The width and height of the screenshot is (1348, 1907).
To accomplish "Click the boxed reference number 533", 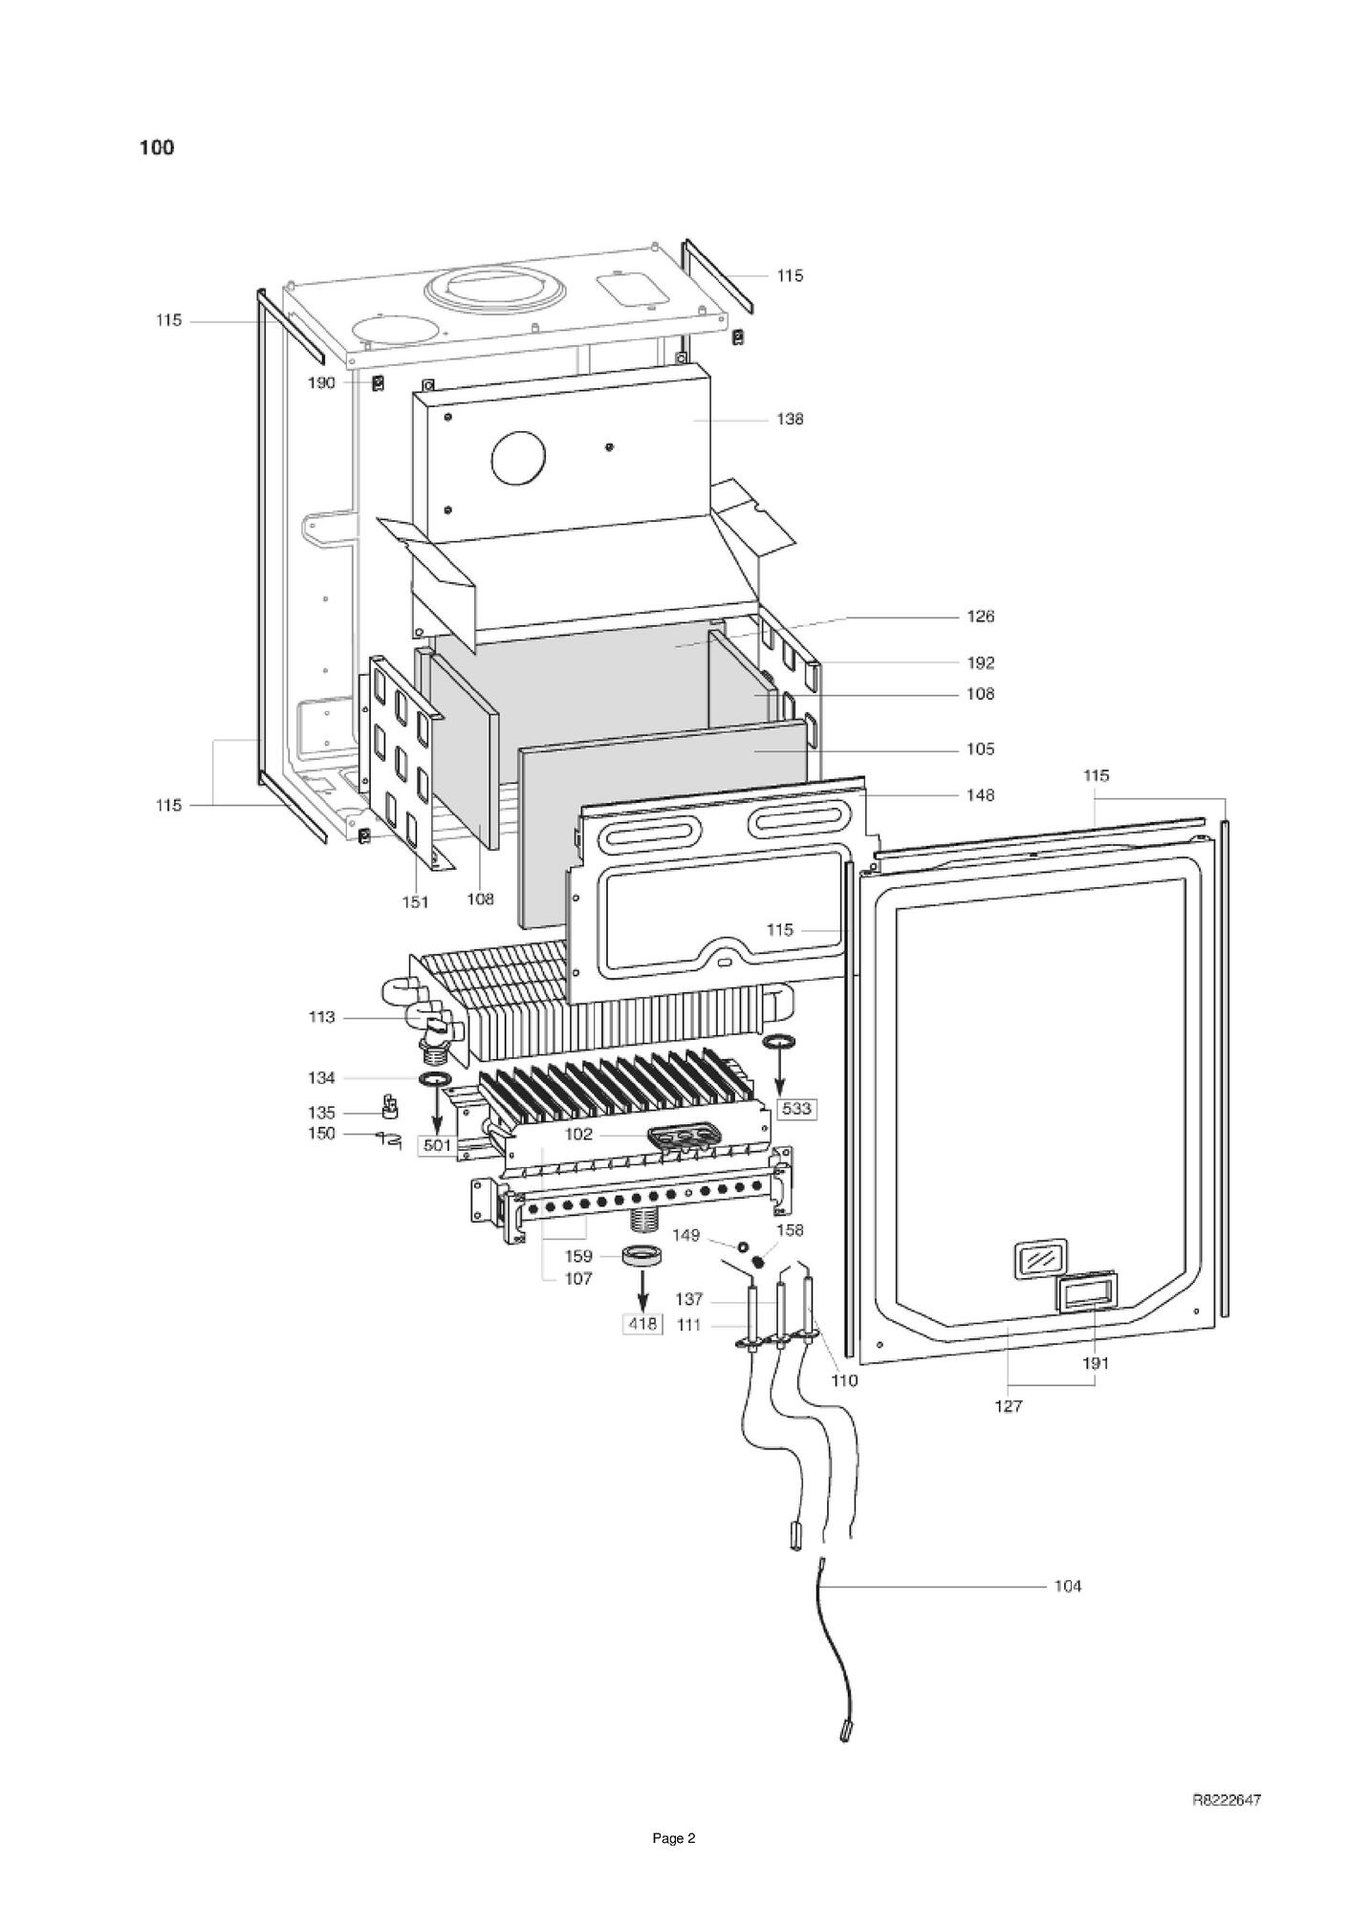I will [796, 1109].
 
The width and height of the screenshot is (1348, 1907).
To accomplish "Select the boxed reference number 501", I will [437, 1145].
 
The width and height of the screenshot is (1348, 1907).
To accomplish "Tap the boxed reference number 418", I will [642, 1324].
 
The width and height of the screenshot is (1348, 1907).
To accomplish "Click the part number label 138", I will [790, 419].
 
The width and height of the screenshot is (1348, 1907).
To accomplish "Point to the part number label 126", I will [980, 617].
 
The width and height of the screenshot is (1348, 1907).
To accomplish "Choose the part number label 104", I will [1067, 1587].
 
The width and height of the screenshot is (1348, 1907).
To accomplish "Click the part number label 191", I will [1096, 1364].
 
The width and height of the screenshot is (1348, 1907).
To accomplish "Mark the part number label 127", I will [1009, 1406].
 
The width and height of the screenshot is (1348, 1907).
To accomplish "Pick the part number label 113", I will [322, 1017].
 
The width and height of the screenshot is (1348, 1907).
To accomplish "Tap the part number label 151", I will [415, 901].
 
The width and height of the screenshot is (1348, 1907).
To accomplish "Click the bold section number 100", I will [157, 147].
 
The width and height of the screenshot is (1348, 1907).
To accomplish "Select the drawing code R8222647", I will [1227, 1801].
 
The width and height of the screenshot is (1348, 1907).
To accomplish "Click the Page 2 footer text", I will [674, 1838].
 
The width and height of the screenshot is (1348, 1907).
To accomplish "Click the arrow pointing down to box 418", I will [642, 1289].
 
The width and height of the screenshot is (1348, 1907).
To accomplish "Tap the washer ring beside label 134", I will [435, 1079].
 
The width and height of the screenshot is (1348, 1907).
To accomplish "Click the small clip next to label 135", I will [390, 1108].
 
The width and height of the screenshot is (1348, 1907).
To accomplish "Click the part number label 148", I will [980, 795].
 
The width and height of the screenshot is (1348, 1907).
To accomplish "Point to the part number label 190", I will [321, 383].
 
